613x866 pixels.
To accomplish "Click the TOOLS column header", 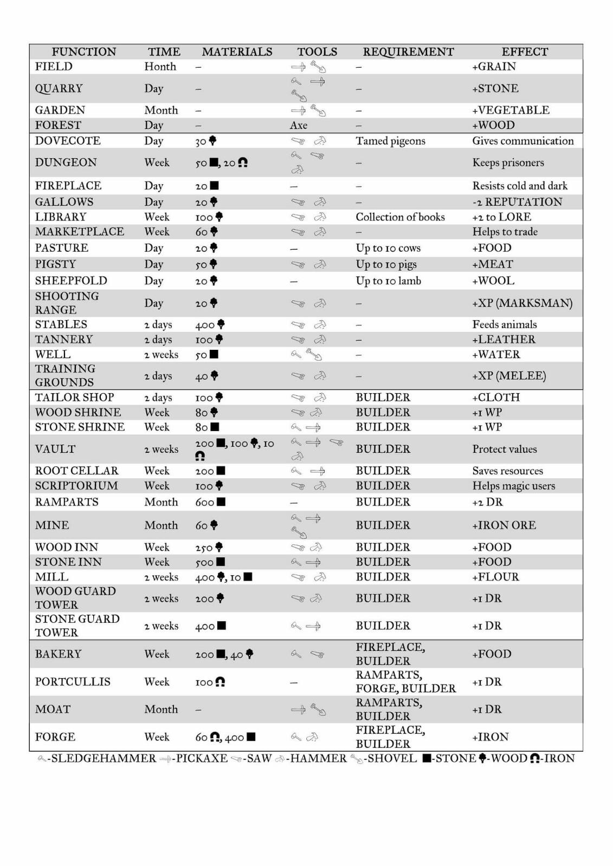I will [317, 52].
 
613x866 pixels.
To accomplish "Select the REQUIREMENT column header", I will [408, 52].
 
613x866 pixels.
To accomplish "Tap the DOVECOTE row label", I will [68, 141].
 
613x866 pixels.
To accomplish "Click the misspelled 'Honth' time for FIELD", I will [160, 67].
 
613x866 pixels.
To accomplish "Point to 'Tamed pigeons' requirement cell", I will [390, 141].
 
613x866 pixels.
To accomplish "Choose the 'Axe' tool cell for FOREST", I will [299, 126].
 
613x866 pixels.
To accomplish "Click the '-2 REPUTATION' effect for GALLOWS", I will [517, 202].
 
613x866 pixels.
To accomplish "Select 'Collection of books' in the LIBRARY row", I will [400, 217].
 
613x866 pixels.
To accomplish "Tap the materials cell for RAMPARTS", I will [210, 503].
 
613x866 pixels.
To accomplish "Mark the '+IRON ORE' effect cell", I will [504, 525].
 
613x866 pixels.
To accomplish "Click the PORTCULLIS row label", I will [73, 682].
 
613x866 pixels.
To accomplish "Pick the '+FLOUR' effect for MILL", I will [495, 577].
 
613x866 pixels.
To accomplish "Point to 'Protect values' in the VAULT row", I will [505, 449].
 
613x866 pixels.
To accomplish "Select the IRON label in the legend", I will [559, 758].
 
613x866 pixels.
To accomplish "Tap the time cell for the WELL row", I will [161, 355].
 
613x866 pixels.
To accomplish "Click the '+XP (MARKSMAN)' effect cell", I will [522, 303].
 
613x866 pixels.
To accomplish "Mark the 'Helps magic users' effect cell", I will [513, 486].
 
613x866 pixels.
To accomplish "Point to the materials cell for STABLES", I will [210, 325].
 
